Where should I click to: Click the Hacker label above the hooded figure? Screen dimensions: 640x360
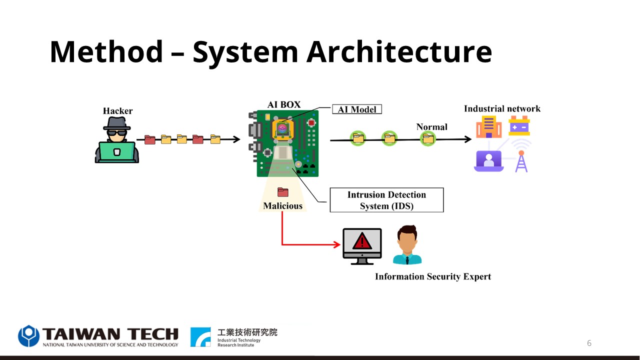coord(117,111)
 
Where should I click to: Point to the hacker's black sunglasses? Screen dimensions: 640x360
coord(116,133)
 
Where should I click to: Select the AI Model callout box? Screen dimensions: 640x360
coord(357,109)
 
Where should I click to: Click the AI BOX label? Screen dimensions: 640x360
coord(283,104)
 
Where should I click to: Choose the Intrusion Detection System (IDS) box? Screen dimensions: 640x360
coord(386,200)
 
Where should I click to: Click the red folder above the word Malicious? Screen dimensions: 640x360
coord(283,192)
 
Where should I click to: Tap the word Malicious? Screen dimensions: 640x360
coord(283,205)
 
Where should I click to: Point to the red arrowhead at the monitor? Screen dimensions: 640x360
coord(337,244)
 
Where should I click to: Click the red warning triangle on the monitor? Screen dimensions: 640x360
coord(362,241)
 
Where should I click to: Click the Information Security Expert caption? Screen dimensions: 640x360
coord(433,276)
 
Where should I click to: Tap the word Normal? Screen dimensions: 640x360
coord(431,127)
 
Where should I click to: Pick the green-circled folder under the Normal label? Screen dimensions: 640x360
coord(427,139)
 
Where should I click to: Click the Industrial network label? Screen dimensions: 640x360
coord(502,109)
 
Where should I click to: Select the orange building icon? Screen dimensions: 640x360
coord(489,127)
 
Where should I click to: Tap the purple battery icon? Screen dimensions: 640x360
coord(519,125)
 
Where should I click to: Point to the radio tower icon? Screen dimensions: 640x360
coord(521,161)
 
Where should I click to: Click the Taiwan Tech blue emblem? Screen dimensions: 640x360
coord(28,335)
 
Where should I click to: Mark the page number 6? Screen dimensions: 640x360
coord(589,343)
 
